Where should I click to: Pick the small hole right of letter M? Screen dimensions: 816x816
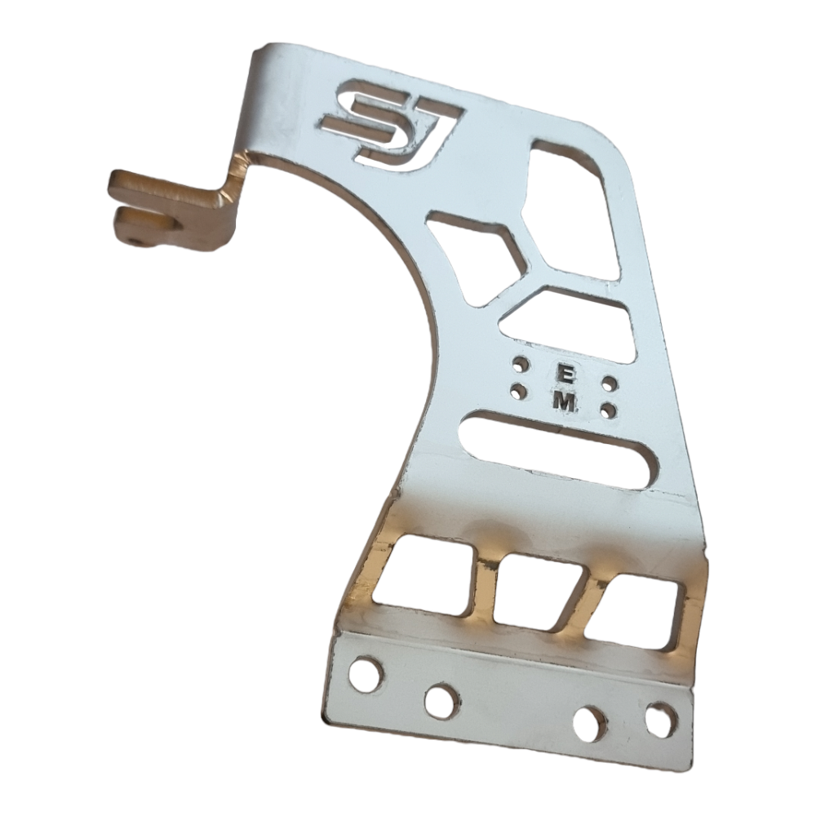coord(608,410)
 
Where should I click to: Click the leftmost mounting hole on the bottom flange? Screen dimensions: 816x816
coord(366,674)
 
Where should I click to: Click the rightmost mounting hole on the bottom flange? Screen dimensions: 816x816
coord(660,720)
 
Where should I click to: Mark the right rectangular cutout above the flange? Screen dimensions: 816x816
coord(636,610)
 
